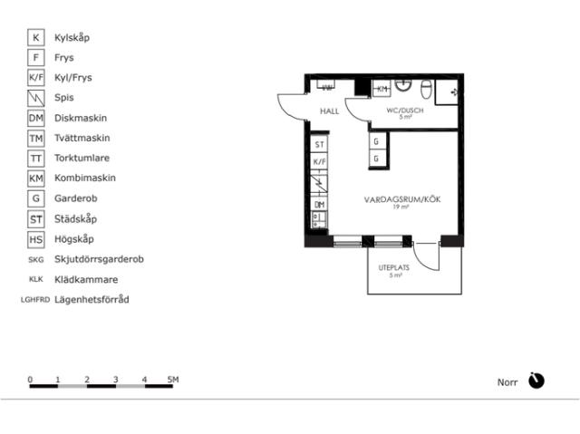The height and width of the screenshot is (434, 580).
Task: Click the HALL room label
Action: point(329,111)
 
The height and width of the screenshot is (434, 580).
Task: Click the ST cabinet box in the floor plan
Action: point(318,145)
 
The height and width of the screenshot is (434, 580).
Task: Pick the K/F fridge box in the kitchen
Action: point(318,162)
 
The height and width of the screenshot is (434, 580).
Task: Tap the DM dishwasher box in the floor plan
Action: point(318,205)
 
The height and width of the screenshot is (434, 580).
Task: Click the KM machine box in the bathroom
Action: point(382,89)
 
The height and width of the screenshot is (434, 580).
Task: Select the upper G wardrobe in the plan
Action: point(376,141)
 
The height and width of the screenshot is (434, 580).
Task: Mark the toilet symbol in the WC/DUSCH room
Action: point(424,88)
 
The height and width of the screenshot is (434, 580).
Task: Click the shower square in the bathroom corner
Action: point(449,92)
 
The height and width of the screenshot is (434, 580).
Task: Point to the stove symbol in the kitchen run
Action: point(318,184)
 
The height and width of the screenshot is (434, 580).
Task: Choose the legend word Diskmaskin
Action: point(81,119)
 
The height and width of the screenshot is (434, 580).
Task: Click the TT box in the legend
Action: point(36,159)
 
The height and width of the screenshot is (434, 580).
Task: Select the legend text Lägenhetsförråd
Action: point(92,299)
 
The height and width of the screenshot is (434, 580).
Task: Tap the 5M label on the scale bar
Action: point(172,379)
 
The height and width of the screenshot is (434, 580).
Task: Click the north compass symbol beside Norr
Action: point(536,381)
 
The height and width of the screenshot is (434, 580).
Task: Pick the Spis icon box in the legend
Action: point(36,98)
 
